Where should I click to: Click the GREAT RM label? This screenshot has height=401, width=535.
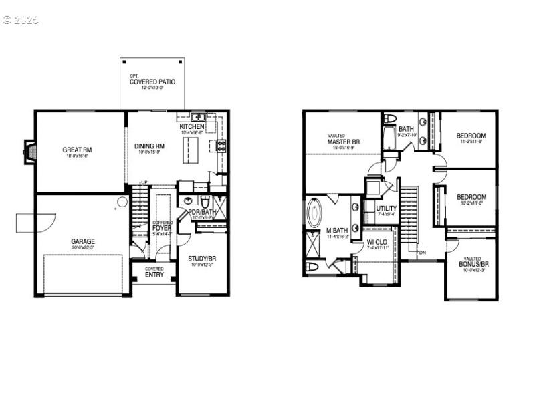(77, 150)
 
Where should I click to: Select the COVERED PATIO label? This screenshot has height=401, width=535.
(152, 82)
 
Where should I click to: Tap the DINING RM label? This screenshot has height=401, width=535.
(150, 146)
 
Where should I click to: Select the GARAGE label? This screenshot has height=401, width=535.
(83, 241)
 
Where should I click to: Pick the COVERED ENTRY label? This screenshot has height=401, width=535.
(154, 271)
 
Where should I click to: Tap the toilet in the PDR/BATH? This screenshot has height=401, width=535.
(206, 201)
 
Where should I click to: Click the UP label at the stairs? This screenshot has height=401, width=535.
(143, 183)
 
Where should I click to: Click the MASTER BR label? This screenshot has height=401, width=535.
(344, 142)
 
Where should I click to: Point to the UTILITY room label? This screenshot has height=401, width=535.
(386, 209)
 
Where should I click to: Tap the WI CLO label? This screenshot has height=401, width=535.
(377, 242)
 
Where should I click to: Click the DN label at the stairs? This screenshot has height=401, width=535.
(422, 253)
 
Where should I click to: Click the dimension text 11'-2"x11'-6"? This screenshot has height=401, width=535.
(471, 141)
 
